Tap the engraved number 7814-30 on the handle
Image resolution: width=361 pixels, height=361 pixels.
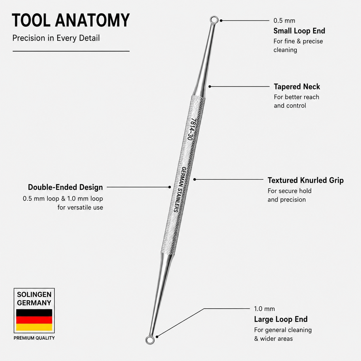pyautogui.click(x=191, y=129)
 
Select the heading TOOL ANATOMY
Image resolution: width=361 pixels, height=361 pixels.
pyautogui.click(x=71, y=20)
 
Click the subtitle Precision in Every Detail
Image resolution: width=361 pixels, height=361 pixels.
pyautogui.click(x=56, y=38)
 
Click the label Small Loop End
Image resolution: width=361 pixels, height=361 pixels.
pyautogui.click(x=299, y=31)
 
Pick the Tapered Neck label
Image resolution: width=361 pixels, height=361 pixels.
pyautogui.click(x=297, y=87)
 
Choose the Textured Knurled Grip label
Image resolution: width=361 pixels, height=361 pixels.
pyautogui.click(x=305, y=180)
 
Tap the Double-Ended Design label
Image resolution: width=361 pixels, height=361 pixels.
pyautogui.click(x=65, y=187)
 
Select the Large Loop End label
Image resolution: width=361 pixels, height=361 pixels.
pyautogui.click(x=281, y=319)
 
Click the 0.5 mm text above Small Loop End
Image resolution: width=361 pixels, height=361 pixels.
pyautogui.click(x=284, y=21)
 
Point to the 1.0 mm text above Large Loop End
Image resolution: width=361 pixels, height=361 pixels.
pyautogui.click(x=264, y=309)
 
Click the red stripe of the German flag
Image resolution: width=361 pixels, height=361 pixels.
pyautogui.click(x=34, y=320)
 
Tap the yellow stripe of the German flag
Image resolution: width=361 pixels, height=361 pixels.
pyautogui.click(x=34, y=327)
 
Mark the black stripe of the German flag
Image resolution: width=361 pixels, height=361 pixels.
pyautogui.click(x=34, y=313)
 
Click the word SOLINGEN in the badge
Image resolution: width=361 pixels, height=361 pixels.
pyautogui.click(x=34, y=295)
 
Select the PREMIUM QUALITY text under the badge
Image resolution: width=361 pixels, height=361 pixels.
pyautogui.click(x=34, y=338)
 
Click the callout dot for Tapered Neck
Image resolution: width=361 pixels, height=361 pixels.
pyautogui.click(x=210, y=87)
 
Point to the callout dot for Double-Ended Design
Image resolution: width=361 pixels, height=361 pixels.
pyautogui.click(x=170, y=187)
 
